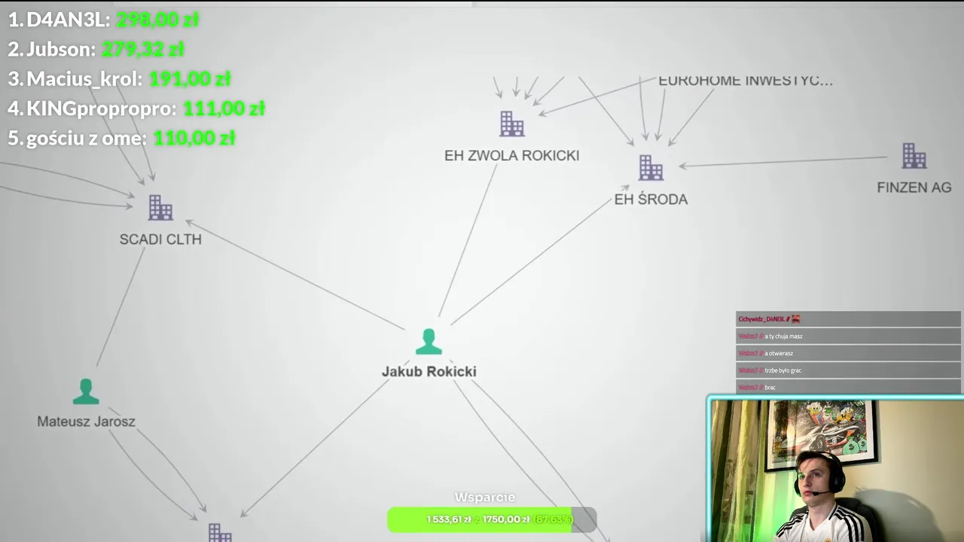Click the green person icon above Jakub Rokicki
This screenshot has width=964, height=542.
coord(429,342)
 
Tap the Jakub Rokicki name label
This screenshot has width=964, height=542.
coord(429,371)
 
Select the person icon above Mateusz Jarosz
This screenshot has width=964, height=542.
coord(86,391)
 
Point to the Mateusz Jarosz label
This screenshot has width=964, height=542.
coord(86,422)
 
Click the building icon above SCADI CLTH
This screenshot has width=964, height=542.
coord(160,208)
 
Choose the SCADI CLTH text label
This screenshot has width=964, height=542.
coord(160,239)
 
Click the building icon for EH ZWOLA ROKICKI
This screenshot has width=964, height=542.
coord(511,124)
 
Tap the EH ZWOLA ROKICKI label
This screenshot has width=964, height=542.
coord(511,156)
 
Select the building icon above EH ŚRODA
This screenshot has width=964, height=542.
coord(651,168)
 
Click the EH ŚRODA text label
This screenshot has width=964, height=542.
coord(651,199)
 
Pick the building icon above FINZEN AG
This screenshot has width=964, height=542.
coord(914,157)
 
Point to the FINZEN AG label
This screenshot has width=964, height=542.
coord(914,187)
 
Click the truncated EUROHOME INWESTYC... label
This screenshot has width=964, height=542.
coord(745,81)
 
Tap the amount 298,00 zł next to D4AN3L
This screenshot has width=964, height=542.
coord(157,20)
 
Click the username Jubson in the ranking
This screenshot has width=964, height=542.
coord(60,50)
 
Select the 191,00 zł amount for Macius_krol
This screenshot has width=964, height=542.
coord(189,79)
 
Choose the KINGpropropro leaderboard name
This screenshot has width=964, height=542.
coord(101,108)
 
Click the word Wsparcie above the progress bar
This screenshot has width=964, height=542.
coord(485,498)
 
